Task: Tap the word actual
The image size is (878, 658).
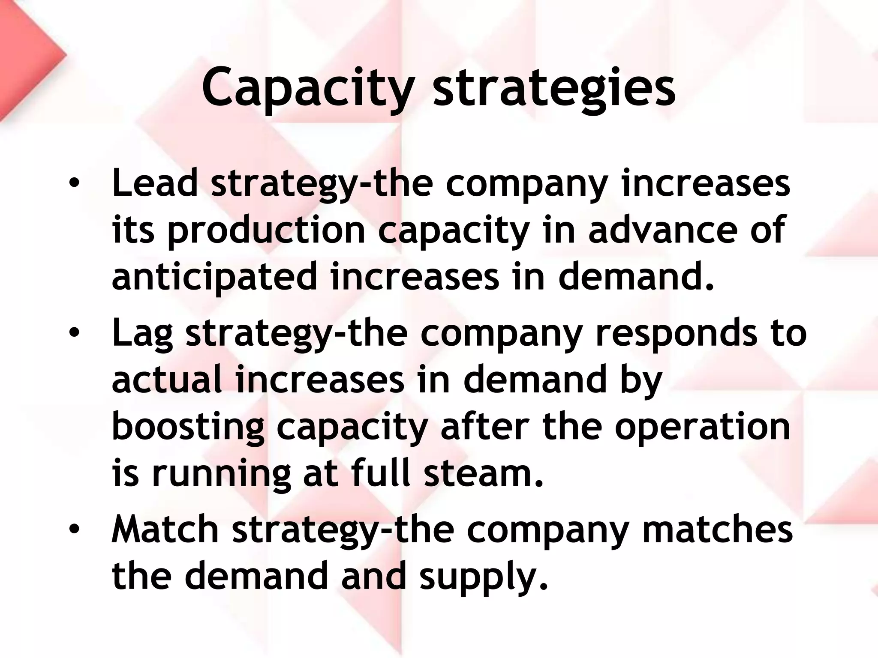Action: (167, 380)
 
